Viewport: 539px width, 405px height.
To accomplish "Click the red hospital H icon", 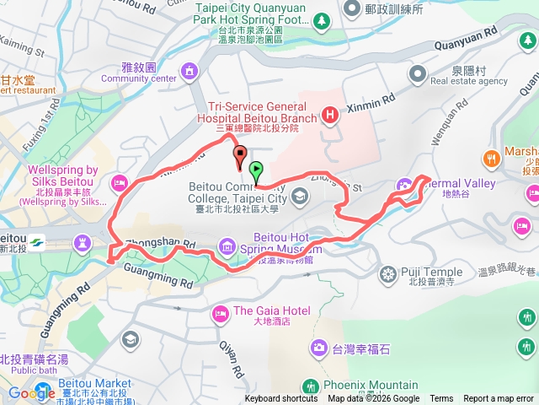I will point(330,113).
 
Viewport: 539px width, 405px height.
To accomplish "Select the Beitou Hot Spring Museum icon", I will point(227,246).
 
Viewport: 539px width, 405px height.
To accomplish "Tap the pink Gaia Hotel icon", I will point(220,313).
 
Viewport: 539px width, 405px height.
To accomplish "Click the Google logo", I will point(32,392).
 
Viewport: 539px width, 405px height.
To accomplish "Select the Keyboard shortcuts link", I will point(281,399).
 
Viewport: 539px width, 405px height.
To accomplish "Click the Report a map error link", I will point(499,399).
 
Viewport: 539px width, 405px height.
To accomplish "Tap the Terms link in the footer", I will point(441,399).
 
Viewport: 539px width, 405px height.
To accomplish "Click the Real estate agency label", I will point(468,81).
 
